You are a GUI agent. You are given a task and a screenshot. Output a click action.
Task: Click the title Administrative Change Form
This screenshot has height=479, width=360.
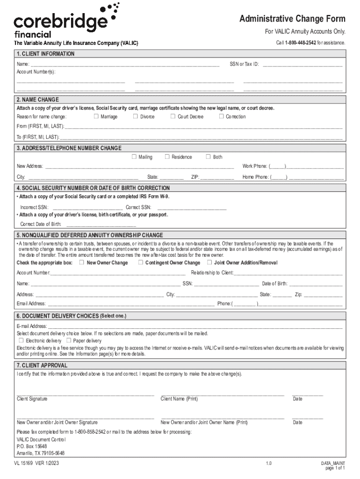pos(292,19)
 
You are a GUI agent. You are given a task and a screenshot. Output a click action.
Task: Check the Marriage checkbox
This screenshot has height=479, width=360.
pos(96,116)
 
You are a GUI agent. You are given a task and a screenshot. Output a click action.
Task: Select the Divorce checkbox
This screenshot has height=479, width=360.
pos(136,116)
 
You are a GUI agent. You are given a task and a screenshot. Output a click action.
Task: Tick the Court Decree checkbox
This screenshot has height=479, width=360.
pos(173,116)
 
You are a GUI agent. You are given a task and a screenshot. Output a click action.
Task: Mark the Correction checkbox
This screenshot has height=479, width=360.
pos(222,116)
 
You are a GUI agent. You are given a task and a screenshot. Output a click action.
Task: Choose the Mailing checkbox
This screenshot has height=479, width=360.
pos(134,157)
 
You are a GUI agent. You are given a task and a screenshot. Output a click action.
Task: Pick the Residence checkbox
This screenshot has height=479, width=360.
pos(167,157)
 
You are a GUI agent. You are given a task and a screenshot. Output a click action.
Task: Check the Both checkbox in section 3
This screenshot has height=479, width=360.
pos(209,157)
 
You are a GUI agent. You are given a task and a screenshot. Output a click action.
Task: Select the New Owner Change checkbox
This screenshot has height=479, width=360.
pos(82,262)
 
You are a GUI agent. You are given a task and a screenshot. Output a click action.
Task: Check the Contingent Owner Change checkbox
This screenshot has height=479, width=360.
pos(140,262)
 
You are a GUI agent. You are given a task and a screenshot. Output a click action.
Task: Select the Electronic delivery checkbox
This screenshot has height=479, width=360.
pos(21,340)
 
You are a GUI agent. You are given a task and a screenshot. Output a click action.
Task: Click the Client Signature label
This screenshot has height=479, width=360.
pos(32,399)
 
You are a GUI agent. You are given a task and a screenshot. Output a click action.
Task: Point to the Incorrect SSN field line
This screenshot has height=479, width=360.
pos(87,207)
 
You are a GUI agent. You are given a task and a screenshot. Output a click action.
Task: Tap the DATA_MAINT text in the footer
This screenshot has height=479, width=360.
pos(332,463)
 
